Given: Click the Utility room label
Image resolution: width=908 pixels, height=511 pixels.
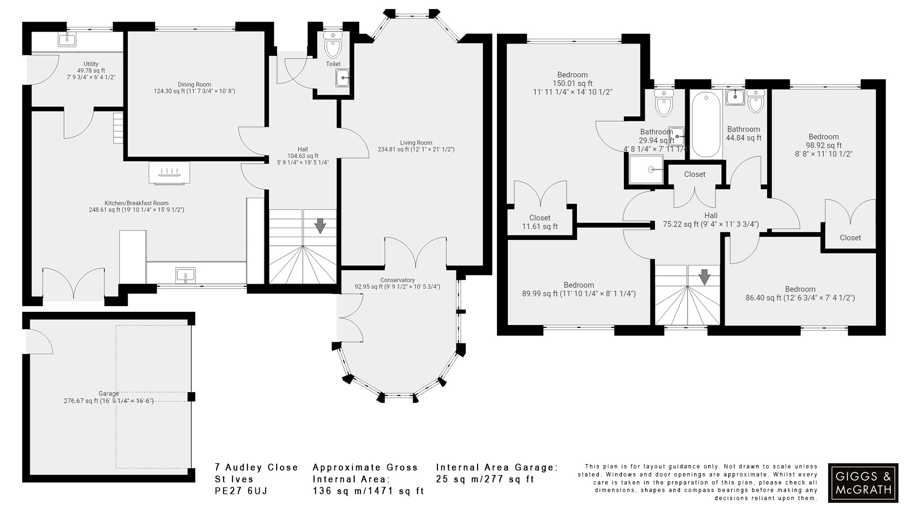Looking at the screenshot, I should [91, 64].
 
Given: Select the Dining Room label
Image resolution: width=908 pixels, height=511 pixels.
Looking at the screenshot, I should [194, 85].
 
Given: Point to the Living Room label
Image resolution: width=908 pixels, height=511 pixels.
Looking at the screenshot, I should [416, 143].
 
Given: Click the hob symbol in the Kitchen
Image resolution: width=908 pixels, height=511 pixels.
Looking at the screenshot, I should [169, 172].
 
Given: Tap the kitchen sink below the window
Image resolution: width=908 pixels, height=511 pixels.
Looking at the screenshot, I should [185, 275].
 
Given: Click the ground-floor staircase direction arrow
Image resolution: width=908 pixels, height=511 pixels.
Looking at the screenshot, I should [320, 226].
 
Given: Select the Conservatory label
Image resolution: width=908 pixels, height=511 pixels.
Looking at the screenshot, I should [397, 280].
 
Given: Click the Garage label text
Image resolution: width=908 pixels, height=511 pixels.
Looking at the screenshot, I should [108, 394].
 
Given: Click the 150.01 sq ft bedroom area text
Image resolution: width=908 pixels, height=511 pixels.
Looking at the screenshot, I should [572, 83].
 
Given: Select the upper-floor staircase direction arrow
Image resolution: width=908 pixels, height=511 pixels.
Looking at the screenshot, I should [705, 276].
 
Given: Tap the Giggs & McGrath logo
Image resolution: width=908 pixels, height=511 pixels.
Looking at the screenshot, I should [863, 483].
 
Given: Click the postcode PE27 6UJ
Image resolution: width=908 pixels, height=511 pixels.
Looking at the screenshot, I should [241, 491].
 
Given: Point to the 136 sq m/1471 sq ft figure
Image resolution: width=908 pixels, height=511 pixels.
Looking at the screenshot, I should [368, 491].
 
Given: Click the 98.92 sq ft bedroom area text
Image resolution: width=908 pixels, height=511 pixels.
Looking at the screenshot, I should [823, 145].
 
